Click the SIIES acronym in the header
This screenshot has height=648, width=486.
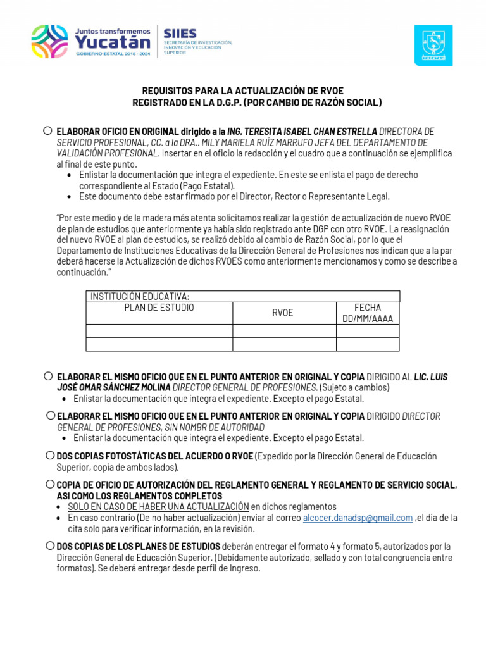[180, 34]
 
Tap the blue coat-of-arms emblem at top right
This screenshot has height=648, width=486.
[433, 45]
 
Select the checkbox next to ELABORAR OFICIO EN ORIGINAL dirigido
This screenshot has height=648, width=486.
[48, 130]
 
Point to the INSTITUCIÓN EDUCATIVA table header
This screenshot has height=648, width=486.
[140, 296]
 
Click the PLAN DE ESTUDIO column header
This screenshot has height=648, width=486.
[159, 308]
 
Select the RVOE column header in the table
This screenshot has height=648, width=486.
[283, 313]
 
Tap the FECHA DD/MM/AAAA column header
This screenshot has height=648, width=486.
[368, 313]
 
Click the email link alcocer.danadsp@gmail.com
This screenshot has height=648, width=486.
[358, 518]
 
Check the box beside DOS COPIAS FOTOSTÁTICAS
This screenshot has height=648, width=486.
[50, 456]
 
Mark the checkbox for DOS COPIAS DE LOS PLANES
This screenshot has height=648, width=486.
[50, 545]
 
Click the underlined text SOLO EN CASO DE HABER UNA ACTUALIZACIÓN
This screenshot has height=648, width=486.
[158, 506]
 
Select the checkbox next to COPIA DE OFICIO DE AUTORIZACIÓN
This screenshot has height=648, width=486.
[50, 484]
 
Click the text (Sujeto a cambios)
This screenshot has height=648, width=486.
[354, 387]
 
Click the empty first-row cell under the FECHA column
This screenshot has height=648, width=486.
[368, 331]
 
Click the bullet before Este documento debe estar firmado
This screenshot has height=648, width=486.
[69, 197]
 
